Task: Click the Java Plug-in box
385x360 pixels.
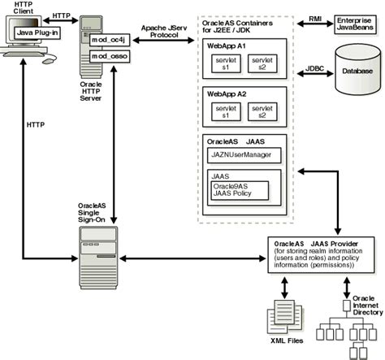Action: (37, 33)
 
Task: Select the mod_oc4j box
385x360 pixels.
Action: (110, 40)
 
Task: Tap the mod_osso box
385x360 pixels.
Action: (110, 56)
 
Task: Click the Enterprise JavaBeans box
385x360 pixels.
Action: (355, 24)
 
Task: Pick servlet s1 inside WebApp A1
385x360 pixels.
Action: (226, 63)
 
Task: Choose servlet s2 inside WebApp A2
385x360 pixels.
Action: (262, 111)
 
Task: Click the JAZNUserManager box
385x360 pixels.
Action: (244, 155)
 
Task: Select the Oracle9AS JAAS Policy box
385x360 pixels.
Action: (240, 190)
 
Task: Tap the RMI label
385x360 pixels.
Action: (315, 19)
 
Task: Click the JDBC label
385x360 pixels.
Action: (314, 68)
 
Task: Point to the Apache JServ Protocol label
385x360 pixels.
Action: (164, 32)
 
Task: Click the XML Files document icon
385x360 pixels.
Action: (285, 316)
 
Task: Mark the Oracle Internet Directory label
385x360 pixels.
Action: (368, 306)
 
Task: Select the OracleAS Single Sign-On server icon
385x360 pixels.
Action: (98, 258)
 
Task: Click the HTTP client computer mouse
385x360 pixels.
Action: (49, 60)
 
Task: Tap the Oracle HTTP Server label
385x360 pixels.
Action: (91, 91)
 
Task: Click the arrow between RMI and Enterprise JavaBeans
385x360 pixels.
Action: (315, 24)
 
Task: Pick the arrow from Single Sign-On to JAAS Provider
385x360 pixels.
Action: (192, 258)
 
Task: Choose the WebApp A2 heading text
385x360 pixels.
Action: (227, 94)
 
